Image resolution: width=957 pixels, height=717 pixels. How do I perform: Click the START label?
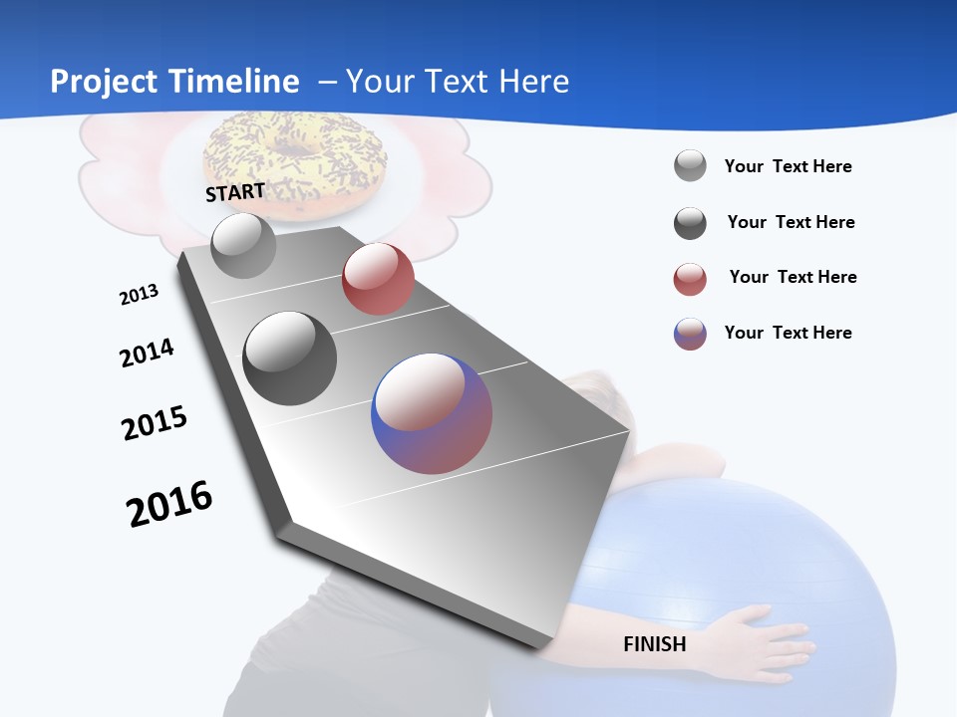pos(235,192)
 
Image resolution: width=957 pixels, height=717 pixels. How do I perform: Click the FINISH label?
pos(654,644)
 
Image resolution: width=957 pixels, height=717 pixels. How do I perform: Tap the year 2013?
pos(139,295)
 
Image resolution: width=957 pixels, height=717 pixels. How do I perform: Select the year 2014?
pos(147,354)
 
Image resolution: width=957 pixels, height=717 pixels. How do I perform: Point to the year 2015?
pos(155,423)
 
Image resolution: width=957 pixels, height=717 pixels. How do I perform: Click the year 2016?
pos(169,504)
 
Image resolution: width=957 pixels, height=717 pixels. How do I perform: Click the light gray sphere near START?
pos(243,245)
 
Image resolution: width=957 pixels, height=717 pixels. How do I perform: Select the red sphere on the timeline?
pos(378,279)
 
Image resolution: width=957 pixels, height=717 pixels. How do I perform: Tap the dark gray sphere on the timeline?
pos(290,358)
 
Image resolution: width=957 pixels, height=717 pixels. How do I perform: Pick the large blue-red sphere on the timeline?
pos(432,413)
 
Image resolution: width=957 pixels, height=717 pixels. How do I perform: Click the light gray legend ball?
pos(690,166)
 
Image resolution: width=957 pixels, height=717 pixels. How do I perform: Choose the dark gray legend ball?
pos(690,223)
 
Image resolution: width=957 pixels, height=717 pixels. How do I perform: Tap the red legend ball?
pos(690,279)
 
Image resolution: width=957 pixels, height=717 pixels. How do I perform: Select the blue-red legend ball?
pos(690,334)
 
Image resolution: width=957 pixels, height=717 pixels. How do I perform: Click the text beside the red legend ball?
pos(793,277)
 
